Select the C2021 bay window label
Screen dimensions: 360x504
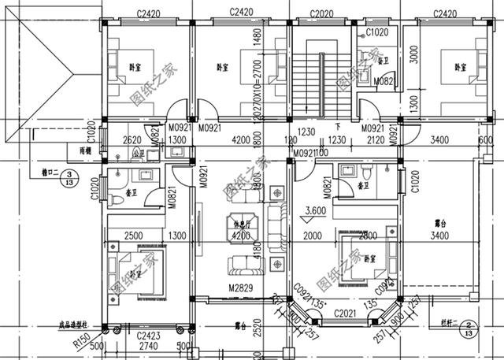[x=345, y=314]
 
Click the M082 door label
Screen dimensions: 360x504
[x=361, y=80]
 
